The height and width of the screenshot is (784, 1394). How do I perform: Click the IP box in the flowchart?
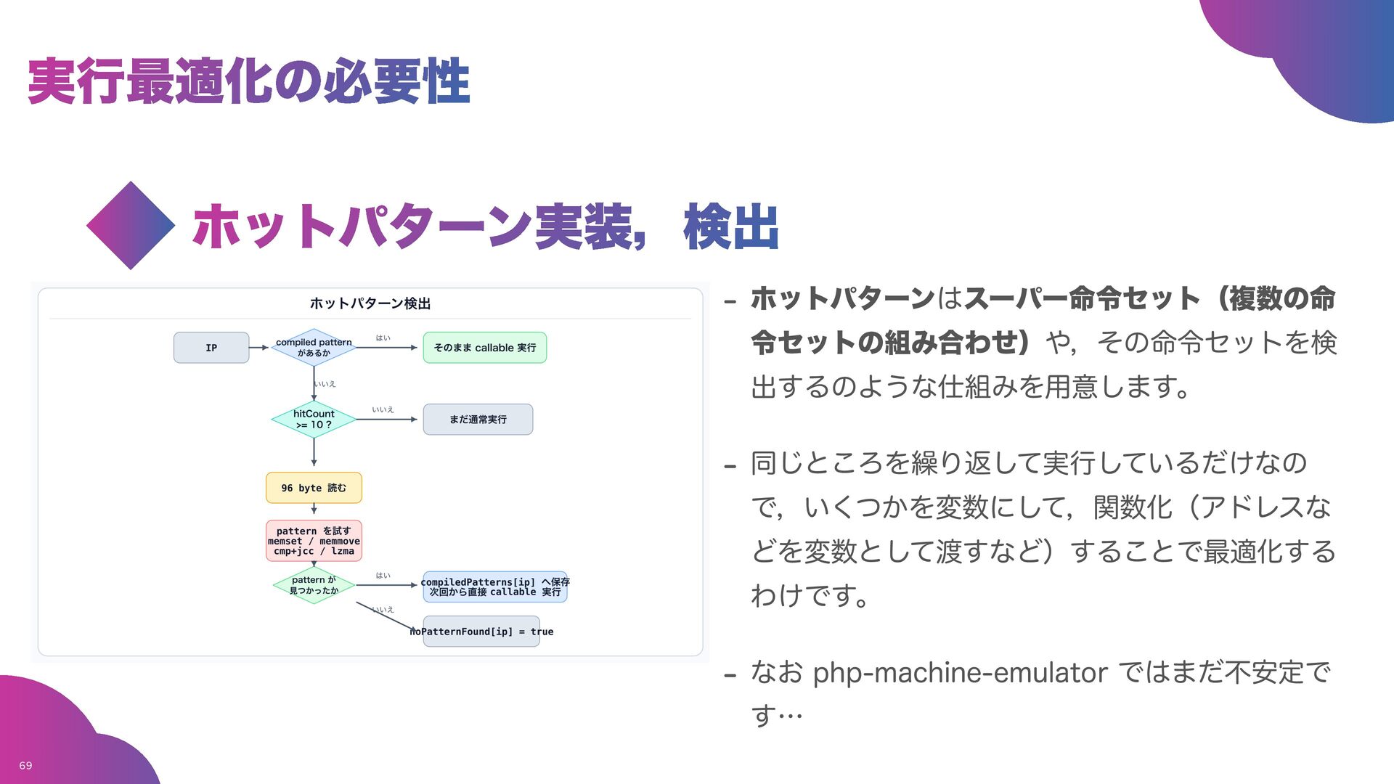pyautogui.click(x=211, y=348)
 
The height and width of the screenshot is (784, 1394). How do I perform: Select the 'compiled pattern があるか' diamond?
pyautogui.click(x=314, y=348)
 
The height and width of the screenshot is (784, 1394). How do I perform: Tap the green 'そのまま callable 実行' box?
pyautogui.click(x=484, y=348)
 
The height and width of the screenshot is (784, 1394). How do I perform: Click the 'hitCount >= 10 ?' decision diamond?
pyautogui.click(x=314, y=420)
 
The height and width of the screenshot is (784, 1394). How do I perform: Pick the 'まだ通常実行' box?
pyautogui.click(x=478, y=420)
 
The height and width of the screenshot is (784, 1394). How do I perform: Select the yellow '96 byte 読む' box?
pyautogui.click(x=314, y=488)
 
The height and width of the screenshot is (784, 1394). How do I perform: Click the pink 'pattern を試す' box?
pyautogui.click(x=314, y=541)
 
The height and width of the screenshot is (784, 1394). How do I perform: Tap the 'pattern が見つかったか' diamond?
pyautogui.click(x=314, y=585)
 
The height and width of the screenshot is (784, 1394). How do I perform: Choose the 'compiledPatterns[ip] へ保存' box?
pyautogui.click(x=494, y=587)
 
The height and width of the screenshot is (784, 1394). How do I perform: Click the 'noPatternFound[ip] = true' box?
pyautogui.click(x=481, y=632)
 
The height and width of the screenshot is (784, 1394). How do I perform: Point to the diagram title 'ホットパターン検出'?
pyautogui.click(x=370, y=303)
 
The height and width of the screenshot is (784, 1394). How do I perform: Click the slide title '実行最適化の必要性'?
pyautogui.click(x=249, y=81)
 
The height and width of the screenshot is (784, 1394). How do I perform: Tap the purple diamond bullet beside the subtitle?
pyautogui.click(x=131, y=226)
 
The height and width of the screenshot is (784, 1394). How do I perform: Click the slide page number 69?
pyautogui.click(x=25, y=765)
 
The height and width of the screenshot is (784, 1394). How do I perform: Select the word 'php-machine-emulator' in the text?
pyautogui.click(x=960, y=672)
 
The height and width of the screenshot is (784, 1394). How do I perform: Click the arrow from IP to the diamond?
pyautogui.click(x=259, y=348)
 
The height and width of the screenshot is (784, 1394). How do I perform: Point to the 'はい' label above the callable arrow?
pyautogui.click(x=383, y=338)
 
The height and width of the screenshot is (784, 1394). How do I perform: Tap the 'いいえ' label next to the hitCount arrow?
pyautogui.click(x=383, y=409)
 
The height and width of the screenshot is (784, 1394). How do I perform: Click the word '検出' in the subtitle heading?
pyautogui.click(x=731, y=227)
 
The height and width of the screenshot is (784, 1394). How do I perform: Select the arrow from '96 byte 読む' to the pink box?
pyautogui.click(x=314, y=511)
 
